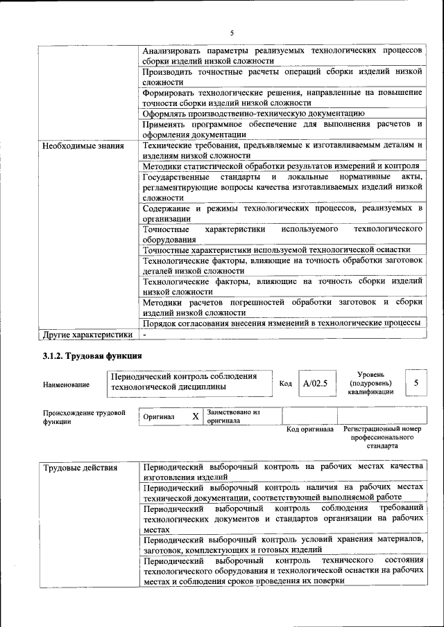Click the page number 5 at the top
click(x=232, y=33)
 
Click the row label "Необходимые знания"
click(x=83, y=146)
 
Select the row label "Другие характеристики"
click(x=87, y=335)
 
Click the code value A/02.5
click(x=314, y=383)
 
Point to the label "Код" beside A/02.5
click(x=285, y=384)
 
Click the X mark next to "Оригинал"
click(x=196, y=417)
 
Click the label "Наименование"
click(x=66, y=385)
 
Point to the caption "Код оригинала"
click(x=310, y=430)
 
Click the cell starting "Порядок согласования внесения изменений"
click(x=281, y=324)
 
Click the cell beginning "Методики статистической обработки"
click(x=280, y=166)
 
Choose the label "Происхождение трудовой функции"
click(x=83, y=417)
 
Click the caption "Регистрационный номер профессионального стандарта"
click(x=382, y=438)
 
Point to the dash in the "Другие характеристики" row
click(x=145, y=335)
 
